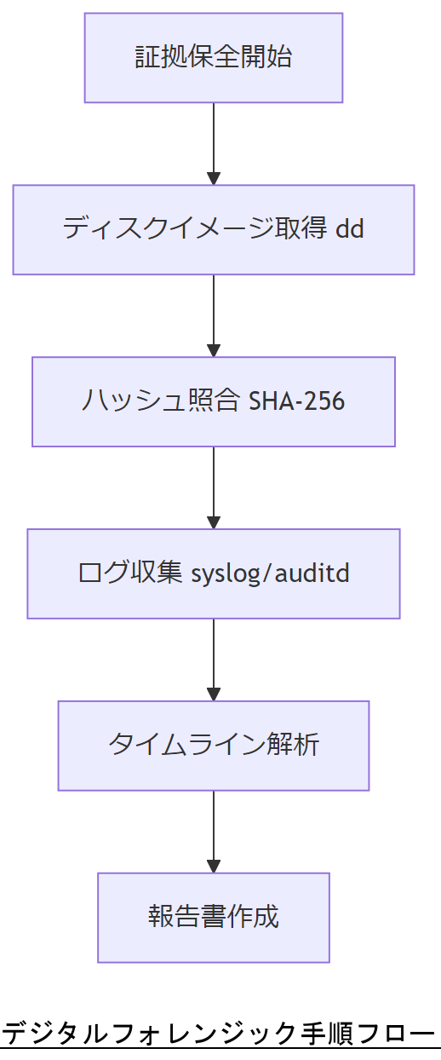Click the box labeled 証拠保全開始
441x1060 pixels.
point(213,58)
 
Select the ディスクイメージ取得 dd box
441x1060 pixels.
point(213,229)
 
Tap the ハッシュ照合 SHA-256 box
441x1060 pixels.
point(213,401)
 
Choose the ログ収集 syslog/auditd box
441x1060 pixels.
point(213,573)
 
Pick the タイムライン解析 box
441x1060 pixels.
point(213,746)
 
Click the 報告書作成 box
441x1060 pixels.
point(213,918)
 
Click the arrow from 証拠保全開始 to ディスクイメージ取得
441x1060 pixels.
point(213,141)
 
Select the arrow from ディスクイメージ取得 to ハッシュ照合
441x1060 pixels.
point(213,313)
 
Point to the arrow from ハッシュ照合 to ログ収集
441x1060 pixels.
point(213,485)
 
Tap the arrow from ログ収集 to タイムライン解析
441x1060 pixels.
point(213,657)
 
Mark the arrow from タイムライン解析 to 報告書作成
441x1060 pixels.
point(213,829)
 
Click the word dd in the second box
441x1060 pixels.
point(350,229)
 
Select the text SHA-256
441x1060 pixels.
point(296,401)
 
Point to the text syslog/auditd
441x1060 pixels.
point(270,573)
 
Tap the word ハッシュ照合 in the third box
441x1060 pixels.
point(161,401)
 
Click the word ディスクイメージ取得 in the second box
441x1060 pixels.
point(195,229)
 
